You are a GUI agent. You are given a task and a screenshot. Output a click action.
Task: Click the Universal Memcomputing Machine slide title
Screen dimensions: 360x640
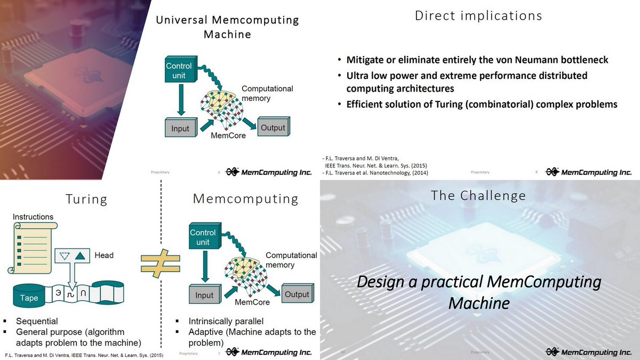(x=227, y=27)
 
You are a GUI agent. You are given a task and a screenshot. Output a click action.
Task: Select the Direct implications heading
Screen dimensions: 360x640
(x=478, y=15)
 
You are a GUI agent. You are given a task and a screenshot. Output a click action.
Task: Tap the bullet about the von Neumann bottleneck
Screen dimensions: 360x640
(x=477, y=60)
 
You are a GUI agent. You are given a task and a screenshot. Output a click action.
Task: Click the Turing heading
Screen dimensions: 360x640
(x=86, y=199)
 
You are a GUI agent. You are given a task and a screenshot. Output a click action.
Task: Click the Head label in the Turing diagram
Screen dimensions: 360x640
(x=104, y=255)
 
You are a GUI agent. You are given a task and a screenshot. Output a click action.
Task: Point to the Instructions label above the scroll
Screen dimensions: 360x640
(x=33, y=217)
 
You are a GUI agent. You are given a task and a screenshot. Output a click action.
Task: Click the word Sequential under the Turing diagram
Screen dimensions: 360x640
(x=37, y=321)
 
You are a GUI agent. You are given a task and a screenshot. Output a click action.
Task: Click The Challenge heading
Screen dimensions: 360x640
(x=478, y=196)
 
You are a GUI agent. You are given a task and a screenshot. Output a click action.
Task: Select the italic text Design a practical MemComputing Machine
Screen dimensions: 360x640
(x=478, y=292)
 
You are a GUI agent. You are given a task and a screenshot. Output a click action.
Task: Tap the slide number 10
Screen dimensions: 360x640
(x=343, y=352)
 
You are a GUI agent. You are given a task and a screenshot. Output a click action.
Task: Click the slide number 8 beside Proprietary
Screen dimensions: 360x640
(x=536, y=172)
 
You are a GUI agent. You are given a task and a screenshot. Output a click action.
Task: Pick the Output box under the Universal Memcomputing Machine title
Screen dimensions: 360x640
(x=273, y=127)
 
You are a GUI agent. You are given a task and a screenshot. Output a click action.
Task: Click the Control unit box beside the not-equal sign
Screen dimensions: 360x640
(x=203, y=237)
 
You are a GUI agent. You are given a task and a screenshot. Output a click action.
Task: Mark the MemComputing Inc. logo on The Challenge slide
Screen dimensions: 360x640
(x=588, y=352)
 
